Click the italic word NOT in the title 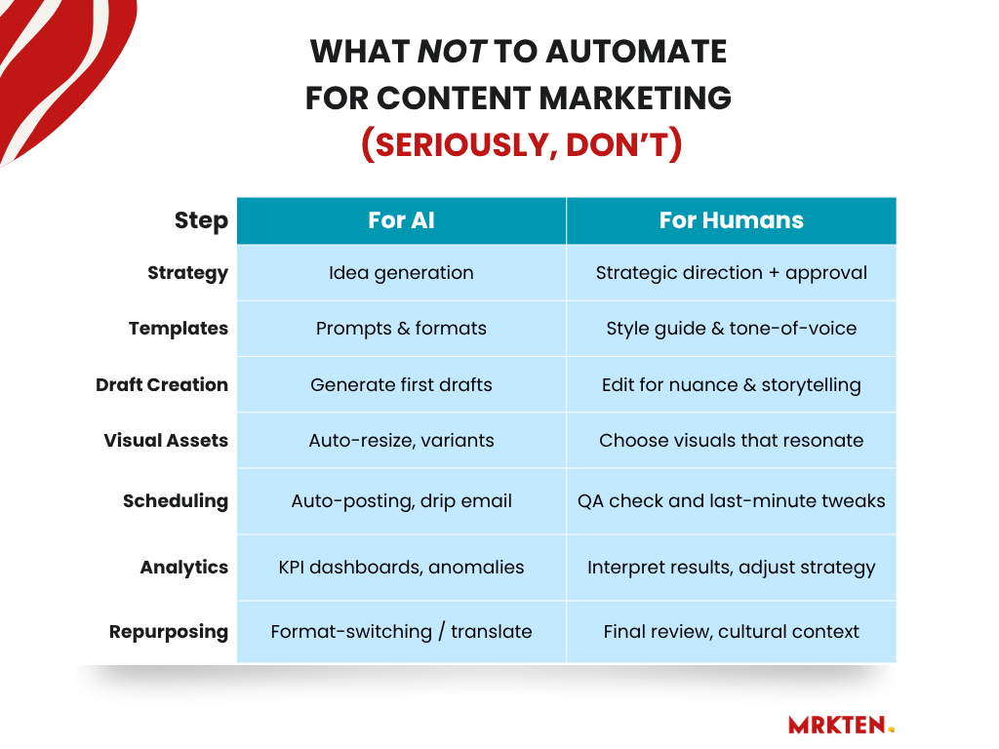point(452,52)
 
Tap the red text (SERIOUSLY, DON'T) point(522,144)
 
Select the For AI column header point(401,220)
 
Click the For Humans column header point(732,220)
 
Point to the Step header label point(201,221)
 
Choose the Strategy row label point(187,273)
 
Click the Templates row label point(179,329)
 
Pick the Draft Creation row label point(162,384)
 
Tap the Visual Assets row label point(166,440)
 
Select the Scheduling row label point(176,501)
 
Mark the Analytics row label point(184,568)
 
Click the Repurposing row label point(168,632)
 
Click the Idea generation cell point(401,273)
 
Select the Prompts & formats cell point(401,329)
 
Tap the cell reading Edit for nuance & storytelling point(732,384)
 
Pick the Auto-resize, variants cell point(401,440)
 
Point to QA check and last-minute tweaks point(732,501)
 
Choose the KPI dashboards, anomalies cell point(401,568)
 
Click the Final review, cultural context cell point(732,632)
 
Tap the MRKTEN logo point(841,725)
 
